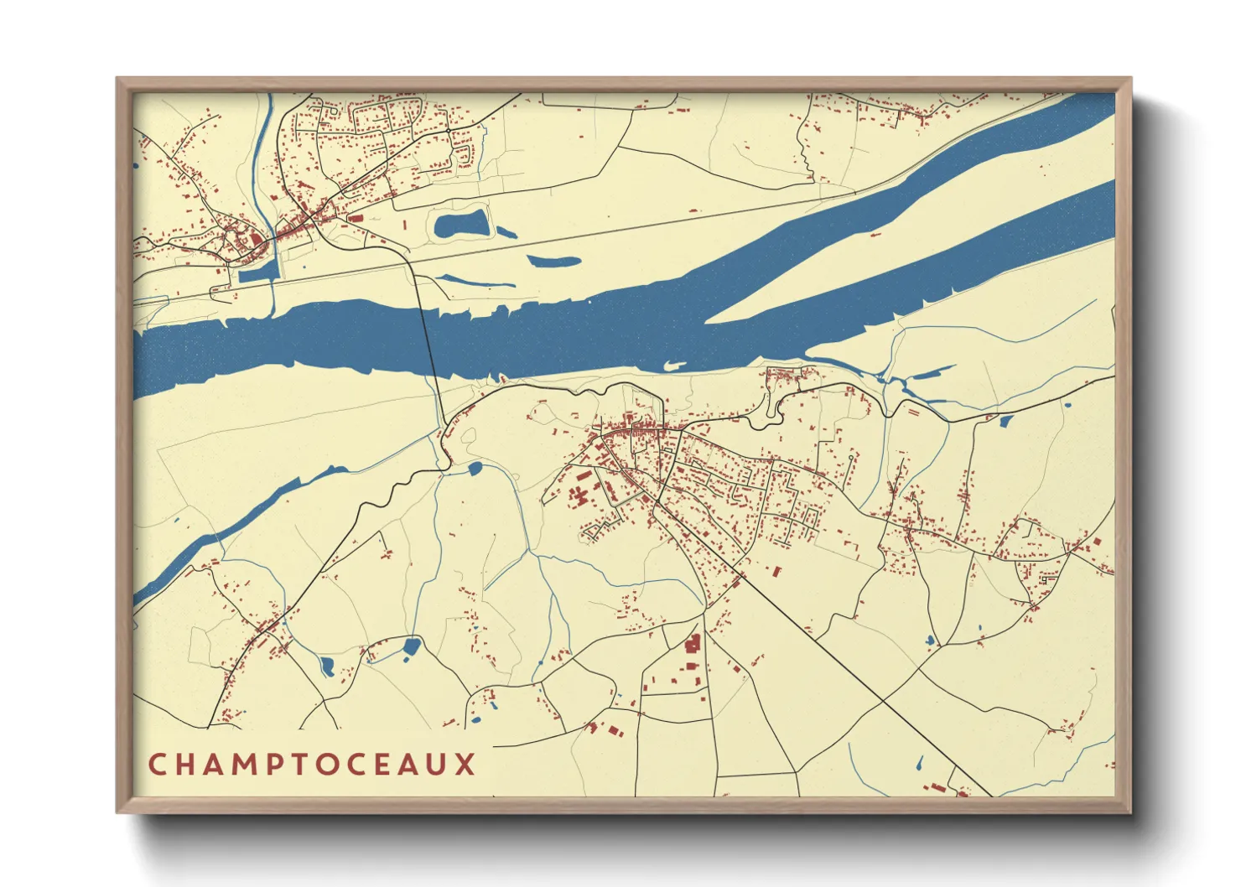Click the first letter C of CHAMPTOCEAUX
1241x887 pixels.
[157, 765]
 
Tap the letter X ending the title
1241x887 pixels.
[465, 765]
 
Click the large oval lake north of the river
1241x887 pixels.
[460, 225]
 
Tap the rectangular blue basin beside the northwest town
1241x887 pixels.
[258, 272]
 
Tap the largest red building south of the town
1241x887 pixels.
[693, 644]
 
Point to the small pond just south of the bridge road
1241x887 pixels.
[475, 468]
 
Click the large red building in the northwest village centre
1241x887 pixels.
[255, 240]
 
